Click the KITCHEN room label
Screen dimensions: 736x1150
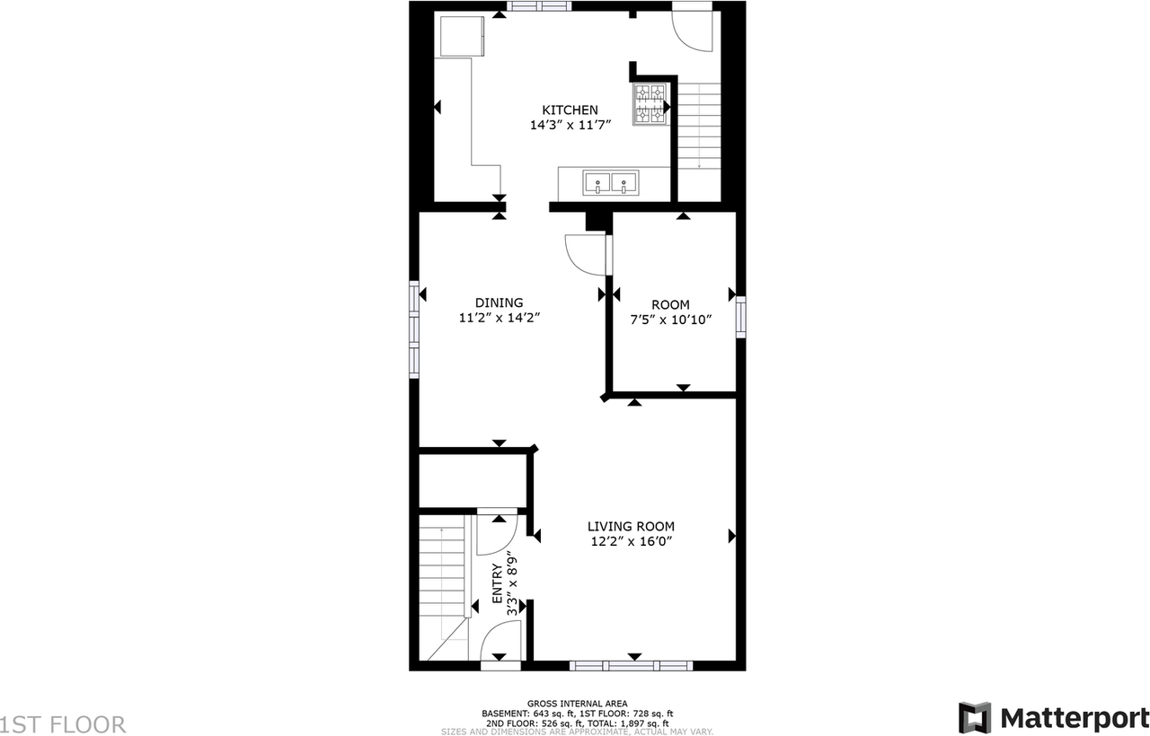point(570,110)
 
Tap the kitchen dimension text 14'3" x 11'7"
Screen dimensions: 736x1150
point(570,127)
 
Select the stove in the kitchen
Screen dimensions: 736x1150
point(650,106)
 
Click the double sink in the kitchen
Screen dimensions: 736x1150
point(611,184)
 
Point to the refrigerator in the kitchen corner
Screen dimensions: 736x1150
point(461,36)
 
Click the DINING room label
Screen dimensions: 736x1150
point(499,303)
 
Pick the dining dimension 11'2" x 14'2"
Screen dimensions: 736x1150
point(499,318)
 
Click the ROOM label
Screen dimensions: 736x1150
point(670,305)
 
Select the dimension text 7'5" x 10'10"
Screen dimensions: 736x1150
point(670,320)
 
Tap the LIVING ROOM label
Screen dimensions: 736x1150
point(631,527)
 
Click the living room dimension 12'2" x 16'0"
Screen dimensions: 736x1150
point(631,541)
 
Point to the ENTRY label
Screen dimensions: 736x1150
point(498,587)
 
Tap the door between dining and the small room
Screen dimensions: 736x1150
point(586,254)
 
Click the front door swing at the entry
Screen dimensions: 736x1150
point(500,645)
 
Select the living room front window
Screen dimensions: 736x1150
point(632,666)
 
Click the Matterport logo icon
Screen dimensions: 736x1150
point(976,718)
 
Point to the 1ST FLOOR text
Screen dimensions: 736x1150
point(63,724)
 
